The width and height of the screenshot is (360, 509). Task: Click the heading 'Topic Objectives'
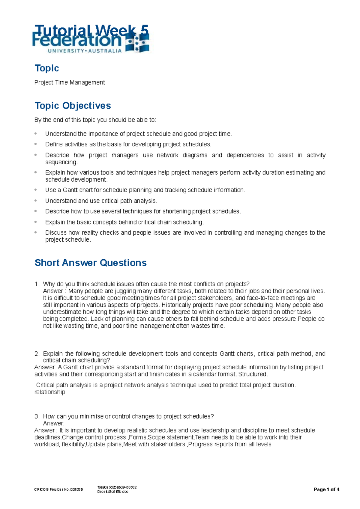click(x=73, y=106)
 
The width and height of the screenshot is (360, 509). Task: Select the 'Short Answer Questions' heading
click(x=90, y=263)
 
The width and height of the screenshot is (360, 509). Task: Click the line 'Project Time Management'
click(x=70, y=82)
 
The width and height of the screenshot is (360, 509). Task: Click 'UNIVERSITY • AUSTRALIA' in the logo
click(x=85, y=51)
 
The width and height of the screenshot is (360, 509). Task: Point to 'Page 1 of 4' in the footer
click(x=326, y=490)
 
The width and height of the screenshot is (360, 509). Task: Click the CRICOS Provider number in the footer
click(x=58, y=490)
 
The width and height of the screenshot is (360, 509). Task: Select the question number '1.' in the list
click(x=37, y=284)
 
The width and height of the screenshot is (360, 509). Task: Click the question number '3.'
click(x=37, y=416)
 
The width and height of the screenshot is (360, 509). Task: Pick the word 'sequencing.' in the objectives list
click(x=61, y=162)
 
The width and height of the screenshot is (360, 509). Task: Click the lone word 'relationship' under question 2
click(x=50, y=392)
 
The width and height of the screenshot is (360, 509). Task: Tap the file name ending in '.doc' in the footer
click(x=113, y=492)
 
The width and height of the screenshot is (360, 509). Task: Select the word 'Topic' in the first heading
click(x=47, y=68)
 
